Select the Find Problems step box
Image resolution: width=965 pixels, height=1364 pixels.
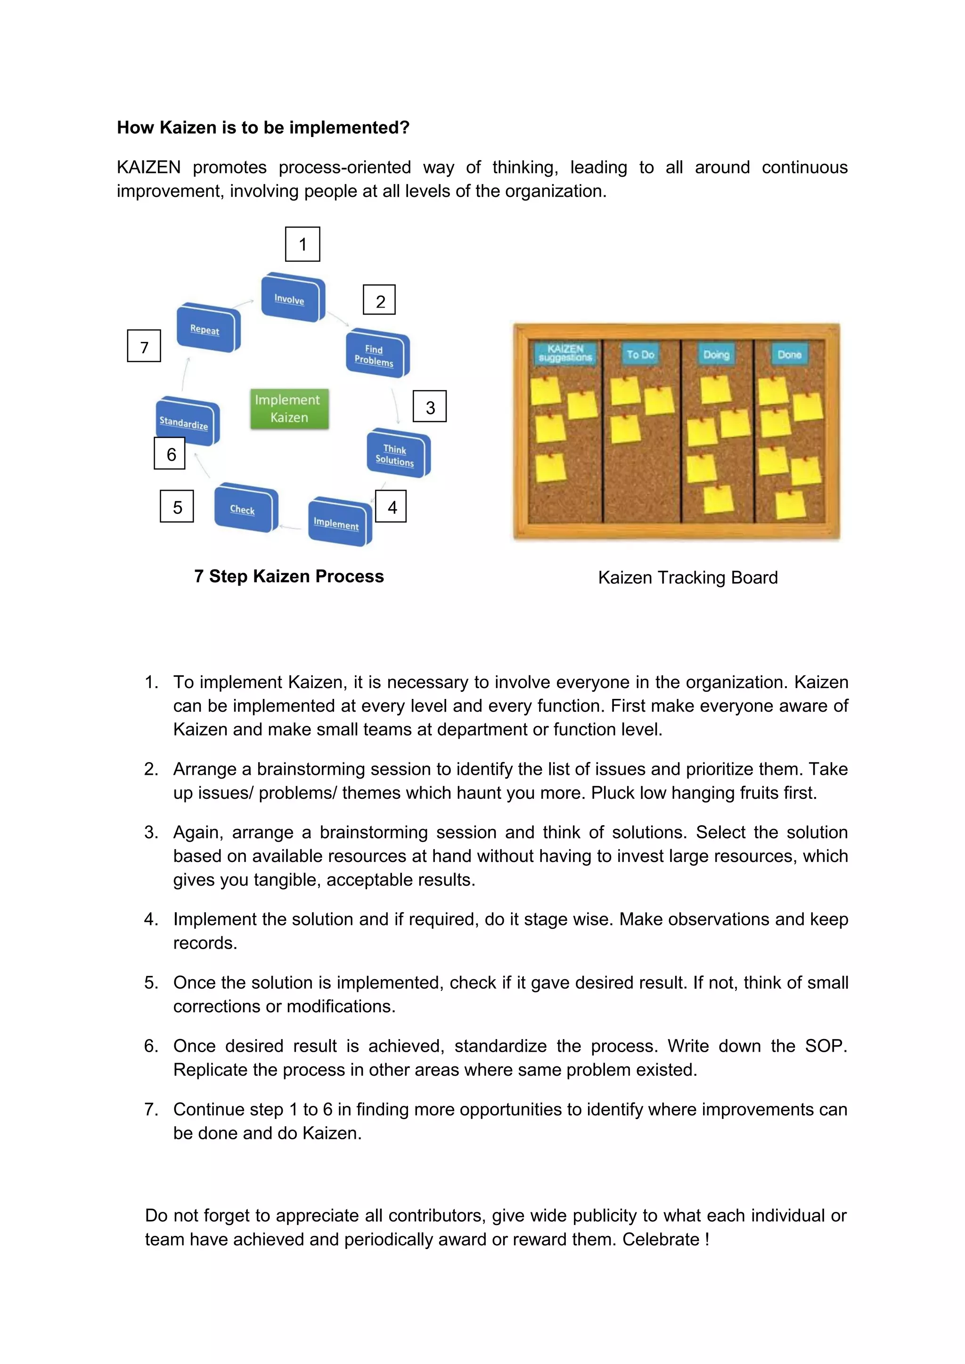click(x=376, y=355)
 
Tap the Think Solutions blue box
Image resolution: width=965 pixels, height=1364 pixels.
click(x=396, y=455)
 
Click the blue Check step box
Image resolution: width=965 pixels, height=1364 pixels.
click(x=244, y=509)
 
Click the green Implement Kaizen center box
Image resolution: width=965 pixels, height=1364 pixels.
click(x=289, y=409)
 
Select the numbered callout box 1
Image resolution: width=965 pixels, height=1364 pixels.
click(x=303, y=244)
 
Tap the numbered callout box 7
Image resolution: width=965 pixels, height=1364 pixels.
click(x=144, y=346)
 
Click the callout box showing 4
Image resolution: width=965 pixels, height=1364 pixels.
click(x=392, y=507)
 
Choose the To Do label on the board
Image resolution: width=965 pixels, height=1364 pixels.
click(x=640, y=355)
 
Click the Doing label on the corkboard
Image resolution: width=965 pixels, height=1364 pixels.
click(x=716, y=355)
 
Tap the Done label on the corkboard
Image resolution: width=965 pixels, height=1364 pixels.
click(x=789, y=355)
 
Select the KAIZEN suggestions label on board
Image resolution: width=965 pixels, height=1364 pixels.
click(x=565, y=353)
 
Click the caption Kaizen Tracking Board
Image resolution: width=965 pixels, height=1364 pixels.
click(x=687, y=577)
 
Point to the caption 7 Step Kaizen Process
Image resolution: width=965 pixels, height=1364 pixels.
click(x=289, y=576)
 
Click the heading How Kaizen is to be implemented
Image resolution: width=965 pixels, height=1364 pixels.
click(x=263, y=128)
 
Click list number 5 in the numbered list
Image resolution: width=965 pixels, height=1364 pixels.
click(x=152, y=982)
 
